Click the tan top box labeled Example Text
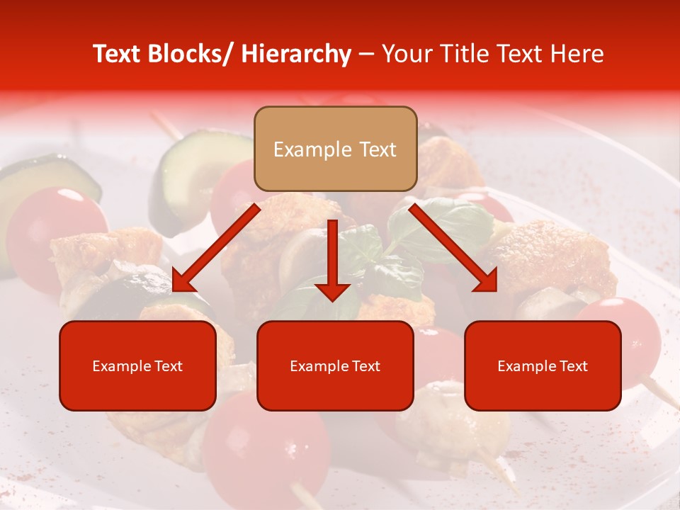pyautogui.click(x=335, y=149)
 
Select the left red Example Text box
pyautogui.click(x=137, y=365)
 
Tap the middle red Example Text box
pyautogui.click(x=335, y=365)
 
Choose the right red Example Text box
pyautogui.click(x=543, y=365)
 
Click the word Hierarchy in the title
pyautogui.click(x=296, y=54)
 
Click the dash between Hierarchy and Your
pyautogui.click(x=366, y=54)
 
